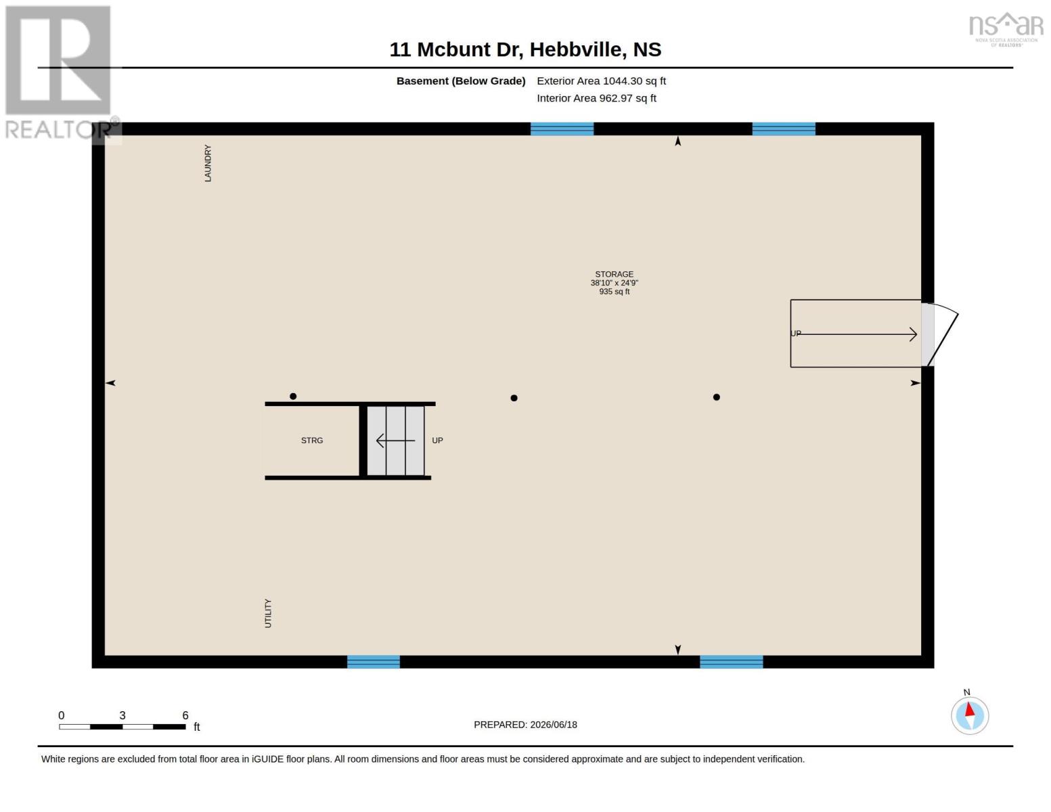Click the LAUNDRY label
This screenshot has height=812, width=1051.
click(x=208, y=163)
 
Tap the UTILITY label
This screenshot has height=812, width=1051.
click(x=268, y=613)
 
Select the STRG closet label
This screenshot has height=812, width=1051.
click(x=312, y=441)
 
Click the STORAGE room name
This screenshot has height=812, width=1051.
click(x=614, y=274)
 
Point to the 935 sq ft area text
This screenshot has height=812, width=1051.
click(x=614, y=292)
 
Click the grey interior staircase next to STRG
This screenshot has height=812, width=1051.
click(x=396, y=441)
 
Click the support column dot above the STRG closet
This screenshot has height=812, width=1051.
click(x=293, y=397)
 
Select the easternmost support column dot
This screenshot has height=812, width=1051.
click(x=717, y=397)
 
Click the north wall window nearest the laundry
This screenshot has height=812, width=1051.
click(x=562, y=129)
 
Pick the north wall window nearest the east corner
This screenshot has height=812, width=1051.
click(x=784, y=129)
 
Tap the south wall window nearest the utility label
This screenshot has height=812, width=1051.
click(x=374, y=662)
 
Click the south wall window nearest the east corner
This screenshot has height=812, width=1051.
click(x=732, y=662)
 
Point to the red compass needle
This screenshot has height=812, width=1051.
click(x=970, y=709)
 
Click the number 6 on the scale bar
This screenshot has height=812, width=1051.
click(x=185, y=715)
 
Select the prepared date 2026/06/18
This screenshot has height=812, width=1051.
click(x=554, y=725)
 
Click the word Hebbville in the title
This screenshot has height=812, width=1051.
click(x=575, y=49)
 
